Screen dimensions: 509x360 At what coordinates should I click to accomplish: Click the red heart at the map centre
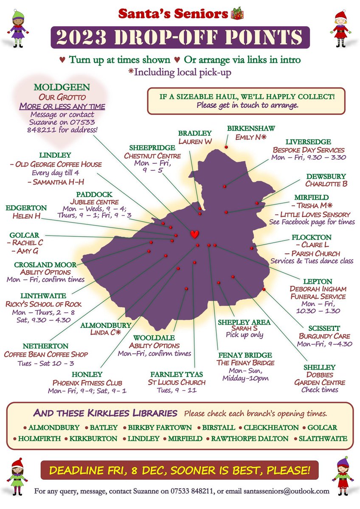[x=194, y=234]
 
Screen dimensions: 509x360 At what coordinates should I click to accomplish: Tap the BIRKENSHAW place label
[x=251, y=128]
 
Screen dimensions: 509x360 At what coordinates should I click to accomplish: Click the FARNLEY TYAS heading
[x=177, y=375]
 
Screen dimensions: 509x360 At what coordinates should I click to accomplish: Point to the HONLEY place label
[x=87, y=375]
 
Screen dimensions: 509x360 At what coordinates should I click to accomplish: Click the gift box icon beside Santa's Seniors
[x=236, y=14]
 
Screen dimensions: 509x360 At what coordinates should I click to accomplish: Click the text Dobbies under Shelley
[x=319, y=375]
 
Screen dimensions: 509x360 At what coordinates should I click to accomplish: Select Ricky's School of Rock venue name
[x=44, y=304]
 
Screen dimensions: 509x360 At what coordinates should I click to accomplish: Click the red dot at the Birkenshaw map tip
[x=226, y=147]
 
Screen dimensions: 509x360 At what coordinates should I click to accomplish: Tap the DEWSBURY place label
[x=326, y=176]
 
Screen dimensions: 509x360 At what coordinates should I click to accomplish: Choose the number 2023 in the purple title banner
[x=79, y=38]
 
